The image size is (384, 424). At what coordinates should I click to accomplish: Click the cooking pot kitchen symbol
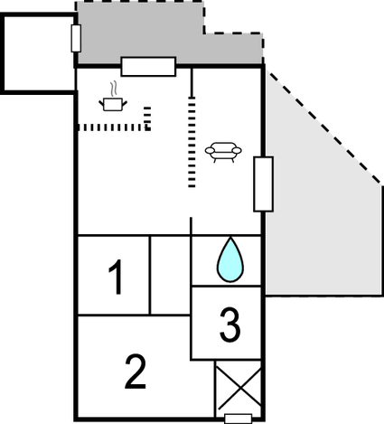click(113, 104)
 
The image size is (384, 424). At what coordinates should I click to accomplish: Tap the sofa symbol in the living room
click(223, 152)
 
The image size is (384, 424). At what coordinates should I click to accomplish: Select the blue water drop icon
click(230, 259)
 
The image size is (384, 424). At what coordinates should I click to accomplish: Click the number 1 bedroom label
click(116, 277)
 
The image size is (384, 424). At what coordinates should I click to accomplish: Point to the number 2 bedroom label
click(136, 372)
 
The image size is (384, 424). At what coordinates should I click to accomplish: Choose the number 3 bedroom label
click(230, 325)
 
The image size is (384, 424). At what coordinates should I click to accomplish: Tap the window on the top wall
click(148, 66)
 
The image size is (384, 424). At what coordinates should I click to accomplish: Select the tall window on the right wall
click(264, 184)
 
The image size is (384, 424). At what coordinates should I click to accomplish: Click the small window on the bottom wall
click(239, 419)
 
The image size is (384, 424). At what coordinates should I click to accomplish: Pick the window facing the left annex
click(76, 39)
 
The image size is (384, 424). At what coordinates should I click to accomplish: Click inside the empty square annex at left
click(39, 53)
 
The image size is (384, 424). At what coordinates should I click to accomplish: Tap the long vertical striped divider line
click(192, 142)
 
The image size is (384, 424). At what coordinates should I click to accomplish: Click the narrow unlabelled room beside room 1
click(170, 275)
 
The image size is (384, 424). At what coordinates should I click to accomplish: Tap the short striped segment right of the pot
click(147, 118)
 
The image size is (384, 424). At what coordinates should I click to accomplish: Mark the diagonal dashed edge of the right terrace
click(324, 127)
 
